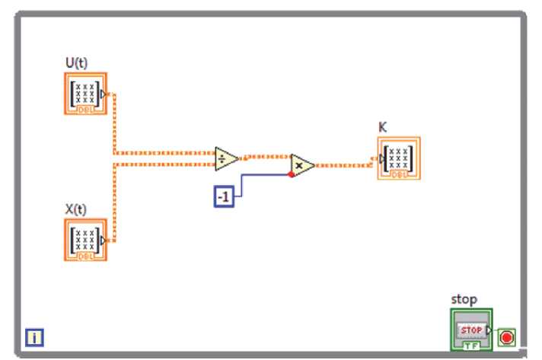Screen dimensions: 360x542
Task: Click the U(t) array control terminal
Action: [x=85, y=94]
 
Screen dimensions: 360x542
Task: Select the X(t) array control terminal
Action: [x=85, y=239]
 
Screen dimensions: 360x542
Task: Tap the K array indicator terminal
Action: [x=398, y=158]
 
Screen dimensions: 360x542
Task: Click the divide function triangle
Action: [x=225, y=158]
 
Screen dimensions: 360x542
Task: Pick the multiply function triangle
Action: [x=301, y=164]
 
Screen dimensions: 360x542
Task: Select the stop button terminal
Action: [x=471, y=329]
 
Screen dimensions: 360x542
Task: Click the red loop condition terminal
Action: [x=506, y=336]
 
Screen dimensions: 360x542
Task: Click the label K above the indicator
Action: [x=382, y=128]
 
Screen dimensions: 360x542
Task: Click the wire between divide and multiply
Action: [x=265, y=158]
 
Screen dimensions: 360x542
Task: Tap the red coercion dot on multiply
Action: [x=291, y=174]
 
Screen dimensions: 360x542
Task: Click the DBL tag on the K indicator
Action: [x=399, y=175]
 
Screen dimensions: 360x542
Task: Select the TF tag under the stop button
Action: [x=471, y=346]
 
